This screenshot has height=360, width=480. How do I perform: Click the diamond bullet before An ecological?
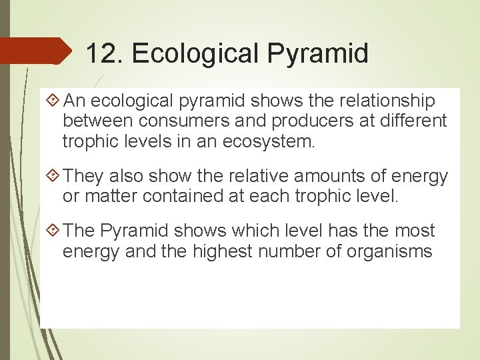[x=55, y=101]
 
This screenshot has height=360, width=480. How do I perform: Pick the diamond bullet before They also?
[x=55, y=176]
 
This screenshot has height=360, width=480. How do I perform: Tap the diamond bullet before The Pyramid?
[x=55, y=231]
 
